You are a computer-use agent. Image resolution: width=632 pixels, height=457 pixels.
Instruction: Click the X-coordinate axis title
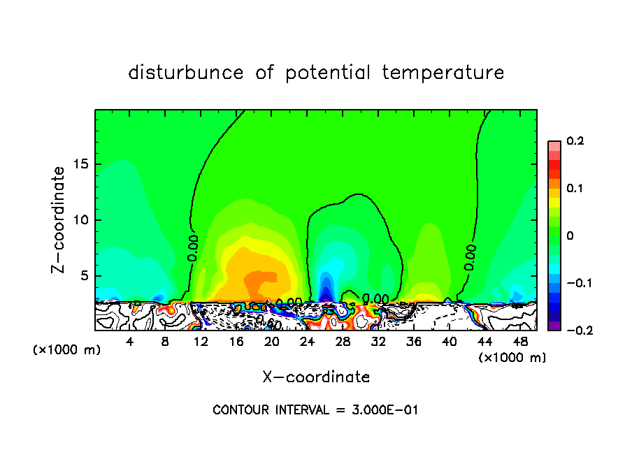pos(316,377)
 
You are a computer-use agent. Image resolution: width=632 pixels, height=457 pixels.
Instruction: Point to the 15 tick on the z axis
pos(85,164)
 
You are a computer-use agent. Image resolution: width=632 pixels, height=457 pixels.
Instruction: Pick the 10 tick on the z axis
pos(85,220)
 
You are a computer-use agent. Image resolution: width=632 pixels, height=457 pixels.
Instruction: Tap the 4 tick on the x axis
pos(129,341)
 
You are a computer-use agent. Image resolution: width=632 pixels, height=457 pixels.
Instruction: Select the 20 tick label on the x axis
pos(272,341)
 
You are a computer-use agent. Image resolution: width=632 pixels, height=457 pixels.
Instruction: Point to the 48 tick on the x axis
pos(521,341)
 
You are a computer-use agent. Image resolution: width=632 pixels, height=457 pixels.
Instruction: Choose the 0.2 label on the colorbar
pos(575,141)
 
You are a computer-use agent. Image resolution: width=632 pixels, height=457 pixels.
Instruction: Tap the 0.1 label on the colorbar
pos(575,189)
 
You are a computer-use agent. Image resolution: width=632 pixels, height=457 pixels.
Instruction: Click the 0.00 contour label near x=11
pos(194,247)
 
